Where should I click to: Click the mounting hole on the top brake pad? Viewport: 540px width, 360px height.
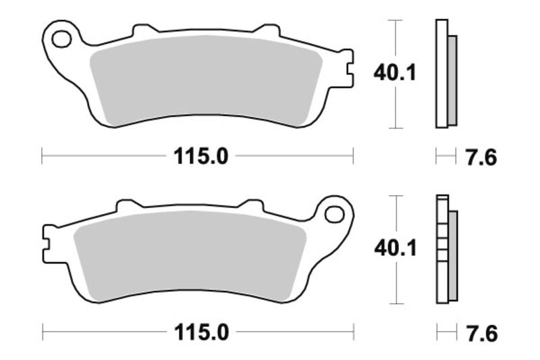point(61,38)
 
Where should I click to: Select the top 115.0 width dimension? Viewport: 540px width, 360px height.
point(201,157)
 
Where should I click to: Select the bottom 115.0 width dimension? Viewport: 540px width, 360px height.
point(201,332)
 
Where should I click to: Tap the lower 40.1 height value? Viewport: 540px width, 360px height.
point(395,249)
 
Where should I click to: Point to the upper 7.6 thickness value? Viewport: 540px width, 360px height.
point(481,157)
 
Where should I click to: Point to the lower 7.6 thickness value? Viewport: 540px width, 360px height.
point(481,333)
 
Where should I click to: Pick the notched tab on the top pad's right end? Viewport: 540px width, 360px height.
point(346,68)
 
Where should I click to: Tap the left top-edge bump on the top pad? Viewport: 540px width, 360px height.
point(142,30)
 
